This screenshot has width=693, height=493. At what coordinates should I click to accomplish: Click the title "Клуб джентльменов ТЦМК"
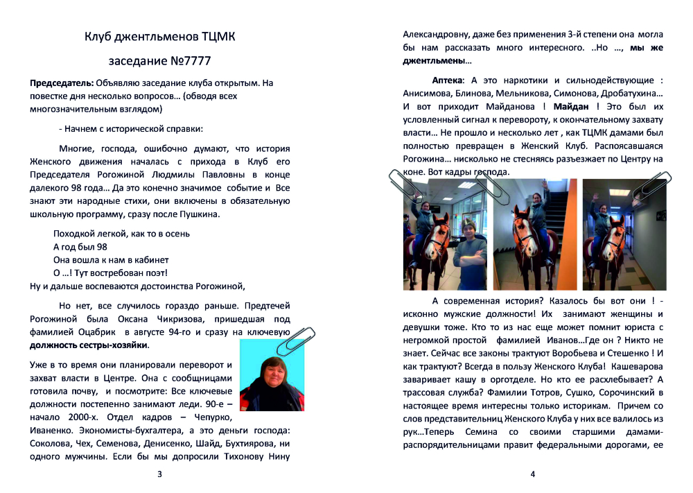point(159,36)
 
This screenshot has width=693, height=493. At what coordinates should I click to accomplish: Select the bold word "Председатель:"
point(61,83)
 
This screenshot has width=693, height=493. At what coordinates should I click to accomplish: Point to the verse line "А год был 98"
point(80,247)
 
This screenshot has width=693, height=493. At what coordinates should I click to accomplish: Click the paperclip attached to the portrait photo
point(297,340)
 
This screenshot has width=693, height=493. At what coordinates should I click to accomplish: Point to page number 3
point(160,475)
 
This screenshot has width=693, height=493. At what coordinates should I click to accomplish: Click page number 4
point(532,475)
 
